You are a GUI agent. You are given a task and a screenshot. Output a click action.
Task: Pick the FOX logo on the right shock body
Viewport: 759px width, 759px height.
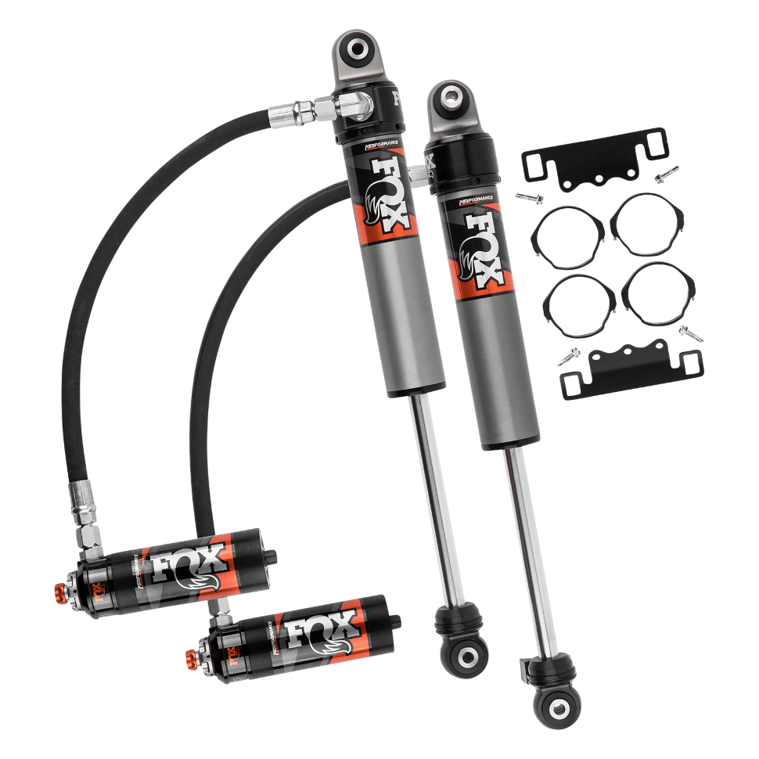coord(482,246)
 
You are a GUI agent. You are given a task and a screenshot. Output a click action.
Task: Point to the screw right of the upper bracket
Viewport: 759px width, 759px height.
coord(666,173)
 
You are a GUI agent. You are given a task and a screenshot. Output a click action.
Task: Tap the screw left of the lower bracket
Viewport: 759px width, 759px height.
coord(568,358)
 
